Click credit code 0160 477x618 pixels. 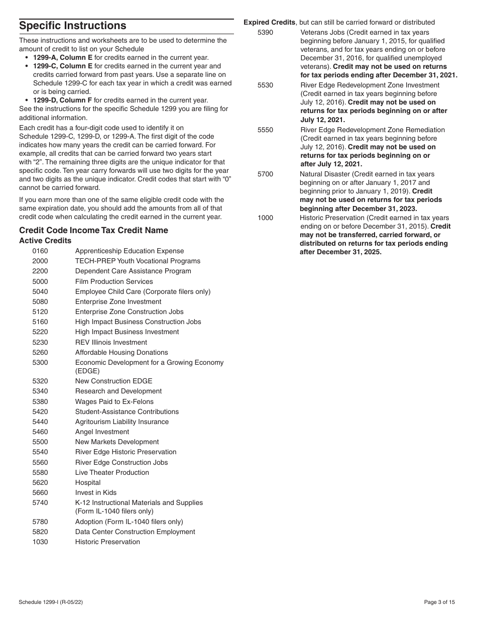click(40, 251)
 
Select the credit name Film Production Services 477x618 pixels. click(114, 281)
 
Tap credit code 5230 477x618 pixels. click(40, 342)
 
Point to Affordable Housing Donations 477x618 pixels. click(122, 352)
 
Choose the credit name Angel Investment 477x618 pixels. click(102, 432)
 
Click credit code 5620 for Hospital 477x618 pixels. click(40, 482)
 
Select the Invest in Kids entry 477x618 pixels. click(96, 492)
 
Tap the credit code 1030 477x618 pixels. click(40, 542)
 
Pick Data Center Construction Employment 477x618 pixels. click(135, 532)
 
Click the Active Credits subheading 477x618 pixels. click(45, 241)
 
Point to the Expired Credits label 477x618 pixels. click(270, 22)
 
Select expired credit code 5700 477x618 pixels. click(265, 174)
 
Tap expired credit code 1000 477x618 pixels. click(265, 218)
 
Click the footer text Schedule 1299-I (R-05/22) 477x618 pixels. click(55, 602)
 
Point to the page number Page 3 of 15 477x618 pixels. click(439, 602)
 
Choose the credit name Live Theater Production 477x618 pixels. click(112, 472)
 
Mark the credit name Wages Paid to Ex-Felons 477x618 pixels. click(114, 401)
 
